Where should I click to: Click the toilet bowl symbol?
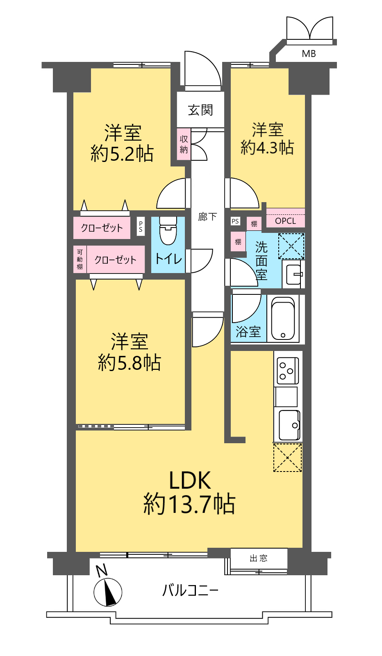[168, 230]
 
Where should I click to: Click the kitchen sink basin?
[289, 425]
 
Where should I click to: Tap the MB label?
[309, 54]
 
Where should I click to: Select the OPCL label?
[285, 221]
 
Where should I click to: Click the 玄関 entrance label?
[200, 110]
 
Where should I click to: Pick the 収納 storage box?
[184, 144]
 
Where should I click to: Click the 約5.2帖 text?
[122, 153]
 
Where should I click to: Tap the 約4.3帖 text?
[267, 147]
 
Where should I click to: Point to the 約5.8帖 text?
[130, 362]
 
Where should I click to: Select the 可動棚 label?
[80, 260]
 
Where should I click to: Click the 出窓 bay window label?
[259, 558]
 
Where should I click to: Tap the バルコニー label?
[190, 590]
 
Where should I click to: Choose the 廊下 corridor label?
[207, 217]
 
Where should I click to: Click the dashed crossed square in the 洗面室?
[291, 246]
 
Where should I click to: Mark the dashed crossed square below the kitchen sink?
[287, 458]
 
